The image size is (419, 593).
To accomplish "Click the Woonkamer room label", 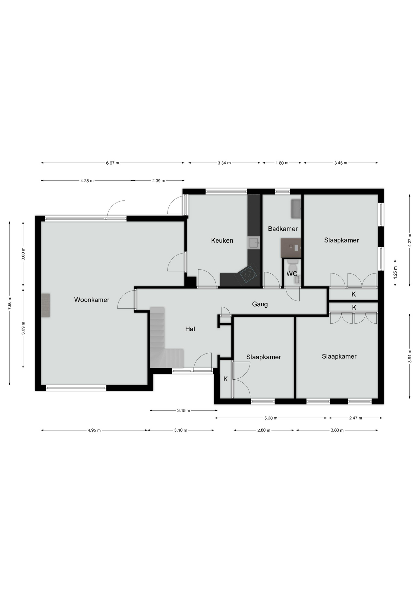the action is point(92,300).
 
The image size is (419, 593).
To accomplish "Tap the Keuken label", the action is point(222,240).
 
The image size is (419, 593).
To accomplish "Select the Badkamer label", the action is point(283,229).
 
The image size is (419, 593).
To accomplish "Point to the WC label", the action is point(292,274).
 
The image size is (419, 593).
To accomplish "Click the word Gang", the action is point(260,304).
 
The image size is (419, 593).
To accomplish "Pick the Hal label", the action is point(190,329).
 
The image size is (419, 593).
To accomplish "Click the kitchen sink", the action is point(254,243).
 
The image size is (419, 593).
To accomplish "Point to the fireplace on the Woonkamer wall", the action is point(46,305).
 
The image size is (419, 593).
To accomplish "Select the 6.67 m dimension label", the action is point(113,163).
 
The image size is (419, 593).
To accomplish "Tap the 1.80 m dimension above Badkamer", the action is point(282,163).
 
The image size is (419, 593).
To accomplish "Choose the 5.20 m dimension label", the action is point(271,418).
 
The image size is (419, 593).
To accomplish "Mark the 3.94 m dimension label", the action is point(410,356).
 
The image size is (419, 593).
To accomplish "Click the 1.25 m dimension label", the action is point(395,272).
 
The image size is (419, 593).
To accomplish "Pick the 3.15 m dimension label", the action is point(184,410).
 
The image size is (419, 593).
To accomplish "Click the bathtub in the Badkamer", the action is point(296,209).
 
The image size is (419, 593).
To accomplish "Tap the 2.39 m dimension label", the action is point(159,181).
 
